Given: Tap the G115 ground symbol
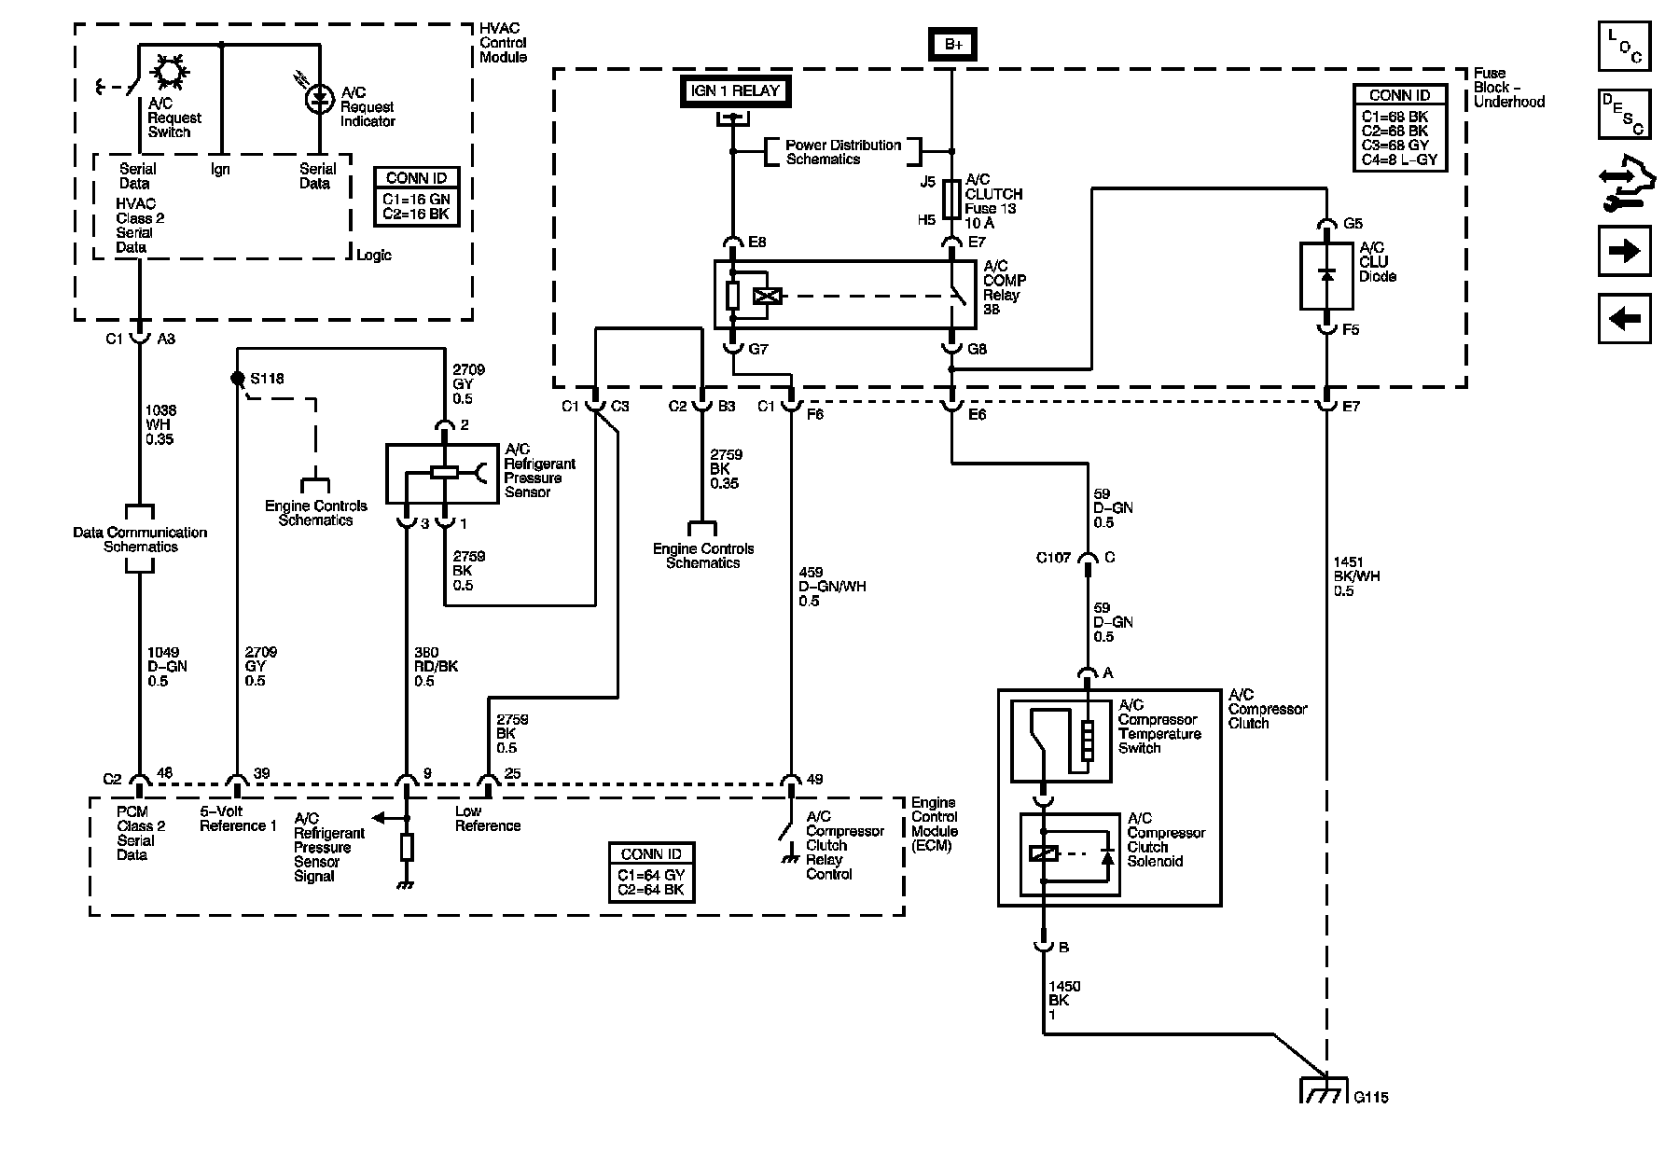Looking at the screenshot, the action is click(x=1324, y=1091).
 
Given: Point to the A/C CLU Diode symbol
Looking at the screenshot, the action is click(x=1326, y=276).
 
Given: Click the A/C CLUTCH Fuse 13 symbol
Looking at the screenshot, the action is click(x=951, y=199).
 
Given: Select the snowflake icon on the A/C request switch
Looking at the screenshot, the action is click(x=171, y=71).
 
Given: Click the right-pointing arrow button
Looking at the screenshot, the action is click(x=1624, y=251).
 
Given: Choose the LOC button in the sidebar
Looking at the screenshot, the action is click(x=1624, y=47).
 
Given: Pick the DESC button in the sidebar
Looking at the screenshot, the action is click(x=1624, y=114).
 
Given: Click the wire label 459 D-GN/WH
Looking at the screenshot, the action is click(x=832, y=587).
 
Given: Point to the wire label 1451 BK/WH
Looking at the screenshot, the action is click(x=1356, y=576).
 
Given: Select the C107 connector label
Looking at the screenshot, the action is click(x=1055, y=558).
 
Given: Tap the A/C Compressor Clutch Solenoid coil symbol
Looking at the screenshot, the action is click(x=1043, y=852).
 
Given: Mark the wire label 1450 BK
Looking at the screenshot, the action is click(x=1064, y=1000).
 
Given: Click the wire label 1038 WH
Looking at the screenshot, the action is click(x=160, y=424).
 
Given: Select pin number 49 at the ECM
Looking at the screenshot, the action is click(x=813, y=780).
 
